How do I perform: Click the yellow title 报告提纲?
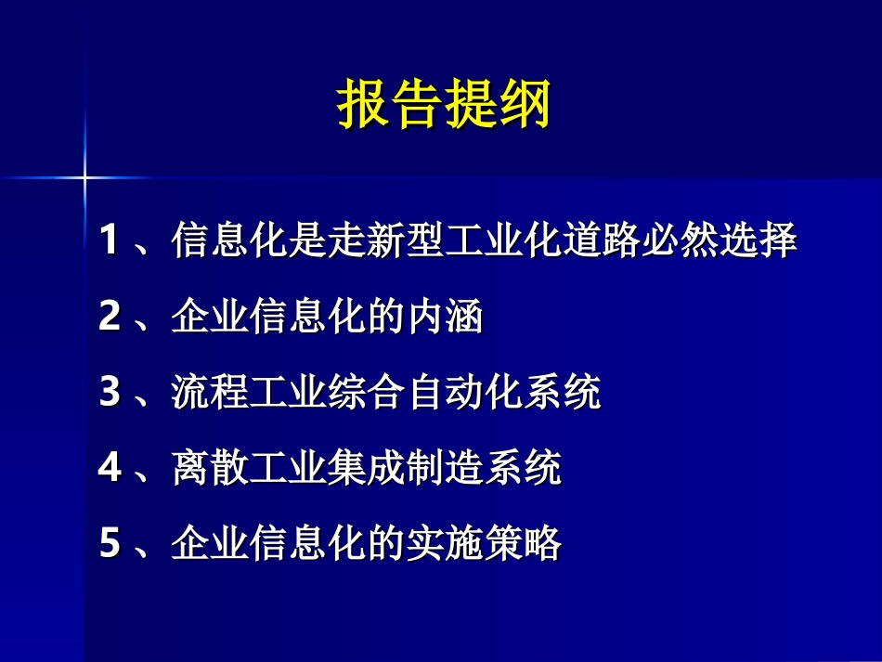tap(443, 104)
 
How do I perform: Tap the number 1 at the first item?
tap(110, 242)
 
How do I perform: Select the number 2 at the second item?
tap(110, 318)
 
